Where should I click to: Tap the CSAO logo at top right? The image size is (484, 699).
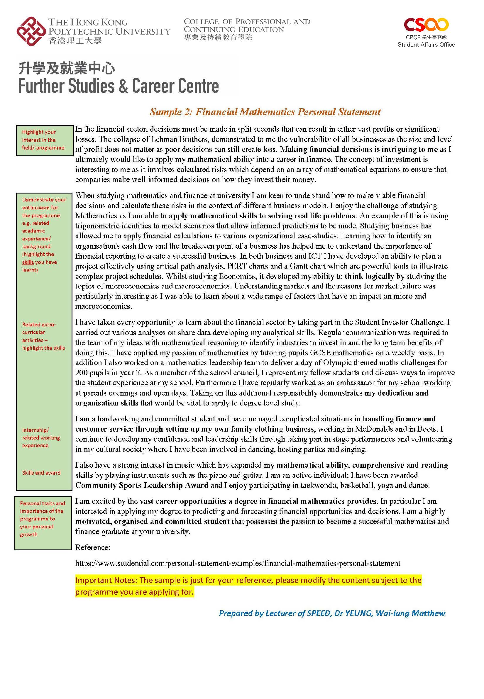click(x=426, y=25)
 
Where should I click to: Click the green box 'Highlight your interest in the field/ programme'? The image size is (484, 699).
click(x=45, y=140)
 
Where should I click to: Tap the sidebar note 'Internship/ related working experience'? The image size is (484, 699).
click(x=41, y=438)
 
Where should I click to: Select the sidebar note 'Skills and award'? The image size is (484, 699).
click(x=41, y=473)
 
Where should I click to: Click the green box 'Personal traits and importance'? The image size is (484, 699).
click(x=43, y=519)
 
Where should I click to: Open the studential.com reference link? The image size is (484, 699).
click(x=238, y=564)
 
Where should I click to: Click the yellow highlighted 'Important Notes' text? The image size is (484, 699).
click(x=248, y=586)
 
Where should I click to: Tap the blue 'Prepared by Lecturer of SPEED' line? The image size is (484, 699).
click(x=332, y=613)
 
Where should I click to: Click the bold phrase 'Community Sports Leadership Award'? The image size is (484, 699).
click(x=142, y=485)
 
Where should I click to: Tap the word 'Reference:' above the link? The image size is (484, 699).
click(x=93, y=547)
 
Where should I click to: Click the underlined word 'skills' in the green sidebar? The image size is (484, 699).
click(x=28, y=262)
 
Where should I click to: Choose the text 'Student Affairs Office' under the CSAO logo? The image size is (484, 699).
click(x=426, y=45)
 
